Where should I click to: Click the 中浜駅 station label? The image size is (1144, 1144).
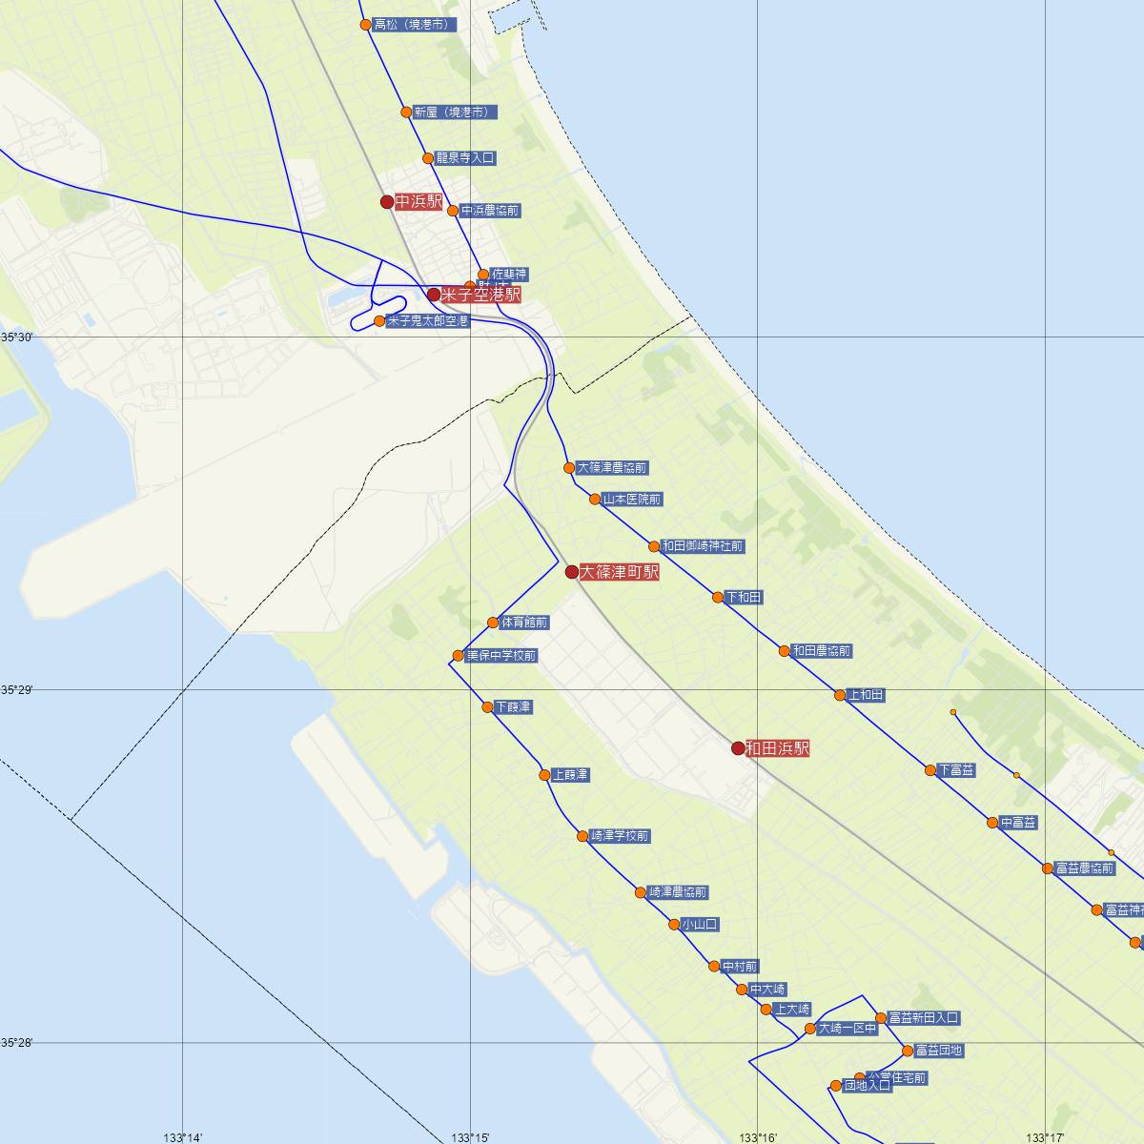point(419,202)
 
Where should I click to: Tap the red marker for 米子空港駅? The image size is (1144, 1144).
point(434,295)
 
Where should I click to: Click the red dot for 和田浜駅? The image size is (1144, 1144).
point(738,748)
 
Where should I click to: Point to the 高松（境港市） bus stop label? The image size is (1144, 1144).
point(416,25)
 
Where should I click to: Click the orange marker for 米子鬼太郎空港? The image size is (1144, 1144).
point(379,321)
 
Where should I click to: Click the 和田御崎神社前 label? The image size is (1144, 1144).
point(704,546)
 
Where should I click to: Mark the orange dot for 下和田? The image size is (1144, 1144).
point(718,598)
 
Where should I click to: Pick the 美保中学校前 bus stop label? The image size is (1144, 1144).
point(501,656)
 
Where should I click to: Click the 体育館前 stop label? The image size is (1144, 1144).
point(524,623)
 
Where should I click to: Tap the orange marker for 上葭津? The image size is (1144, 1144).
point(544,775)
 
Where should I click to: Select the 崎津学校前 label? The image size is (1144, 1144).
point(620,836)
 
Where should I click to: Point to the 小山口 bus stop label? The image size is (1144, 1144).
point(700,925)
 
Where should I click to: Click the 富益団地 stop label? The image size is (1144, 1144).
point(939,1051)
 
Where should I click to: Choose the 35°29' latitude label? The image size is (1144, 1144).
point(16,689)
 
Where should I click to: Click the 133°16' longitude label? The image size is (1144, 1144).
point(758,1137)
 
